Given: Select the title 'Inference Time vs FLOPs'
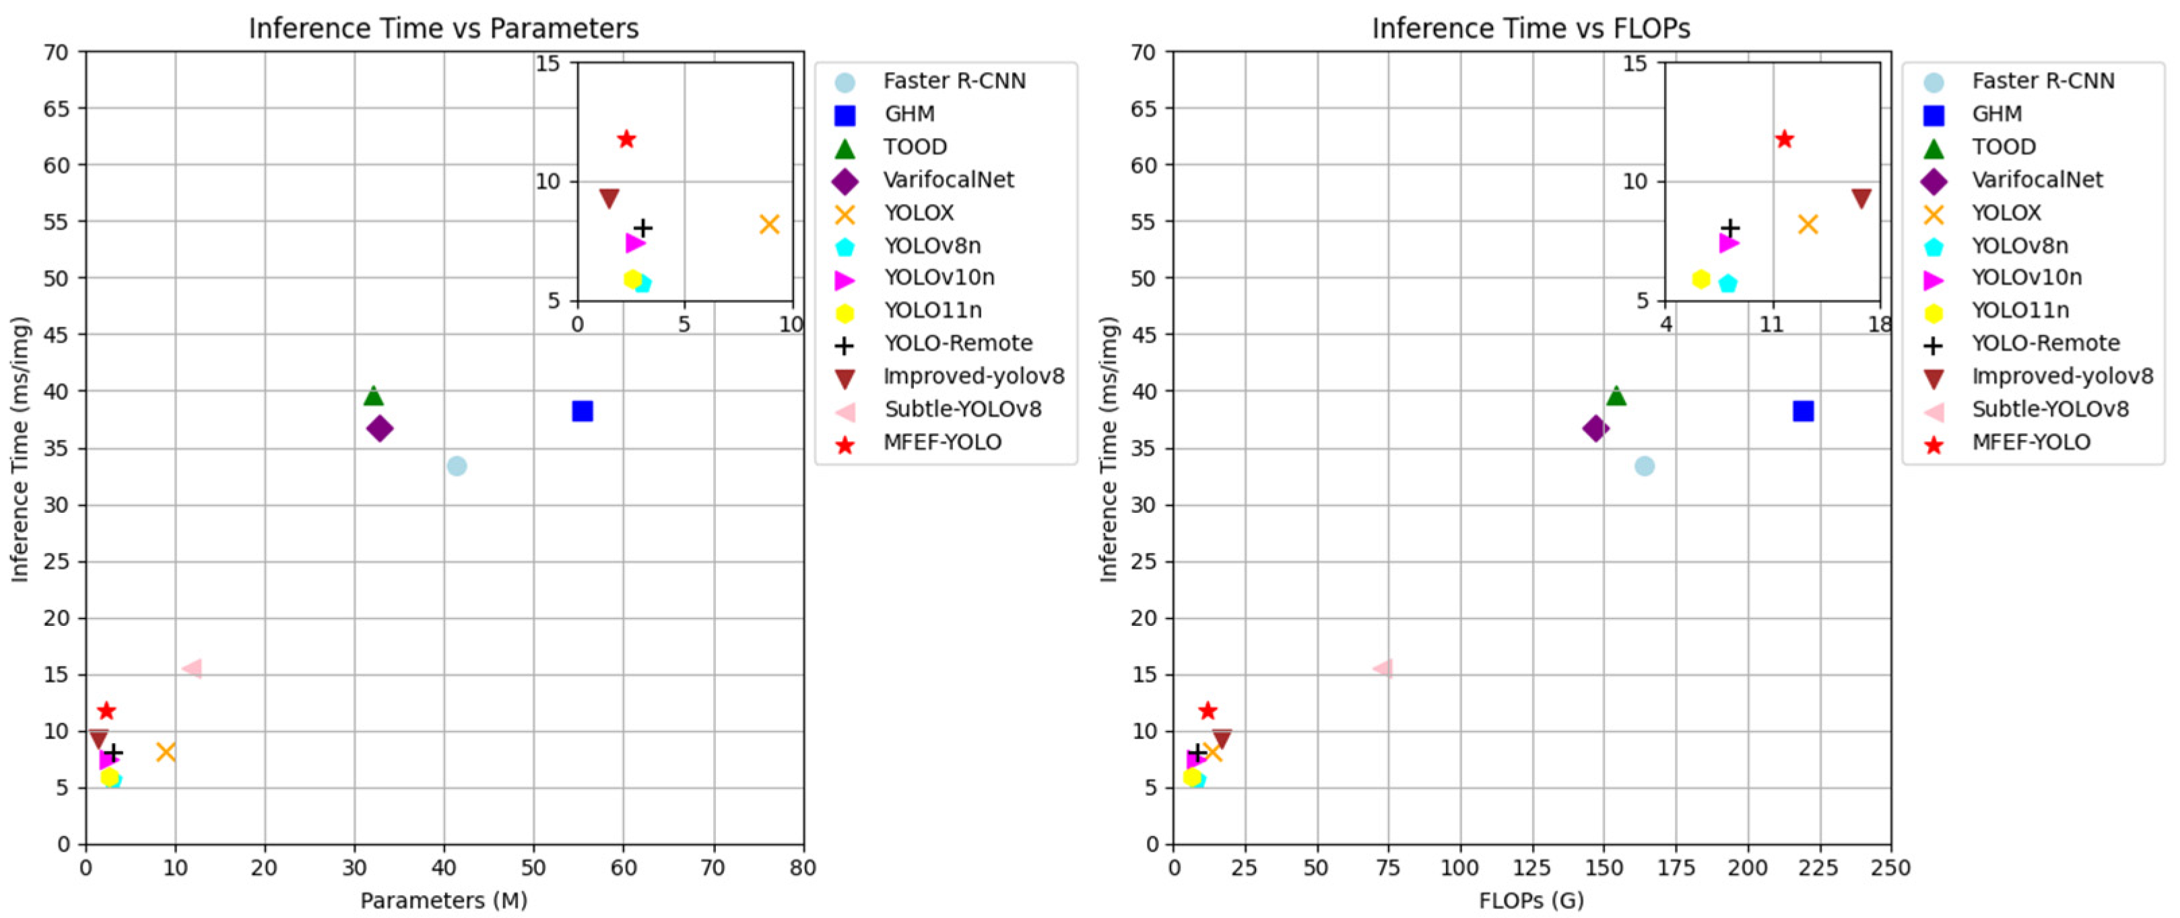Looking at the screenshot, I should pyautogui.click(x=1531, y=29).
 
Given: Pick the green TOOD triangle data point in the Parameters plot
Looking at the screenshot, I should pyautogui.click(x=373, y=395).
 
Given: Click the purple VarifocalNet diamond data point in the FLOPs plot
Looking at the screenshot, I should pyautogui.click(x=1595, y=429).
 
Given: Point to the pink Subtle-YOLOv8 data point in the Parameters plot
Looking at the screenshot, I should pyautogui.click(x=193, y=668).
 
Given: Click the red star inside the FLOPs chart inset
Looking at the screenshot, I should pyautogui.click(x=1785, y=139).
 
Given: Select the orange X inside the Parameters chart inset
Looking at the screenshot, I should pyautogui.click(x=769, y=224).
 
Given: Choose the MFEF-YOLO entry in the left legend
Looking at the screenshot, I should pyautogui.click(x=942, y=442).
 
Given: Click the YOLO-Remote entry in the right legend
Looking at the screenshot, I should pyautogui.click(x=2045, y=343).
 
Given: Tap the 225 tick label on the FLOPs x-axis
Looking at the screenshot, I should pyautogui.click(x=1818, y=868).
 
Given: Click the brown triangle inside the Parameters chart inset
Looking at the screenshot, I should pyautogui.click(x=608, y=199).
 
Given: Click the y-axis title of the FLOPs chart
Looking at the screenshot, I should pyautogui.click(x=1108, y=450).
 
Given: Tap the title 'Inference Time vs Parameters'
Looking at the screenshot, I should pyautogui.click(x=443, y=29).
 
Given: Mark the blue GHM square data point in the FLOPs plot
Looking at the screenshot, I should pyautogui.click(x=1804, y=411).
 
